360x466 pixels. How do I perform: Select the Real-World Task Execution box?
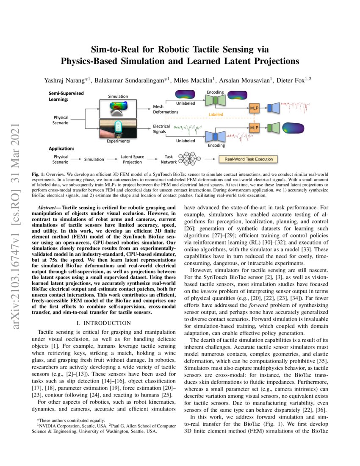(x=248, y=159)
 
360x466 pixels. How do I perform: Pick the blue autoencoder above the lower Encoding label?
(x=215, y=136)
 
